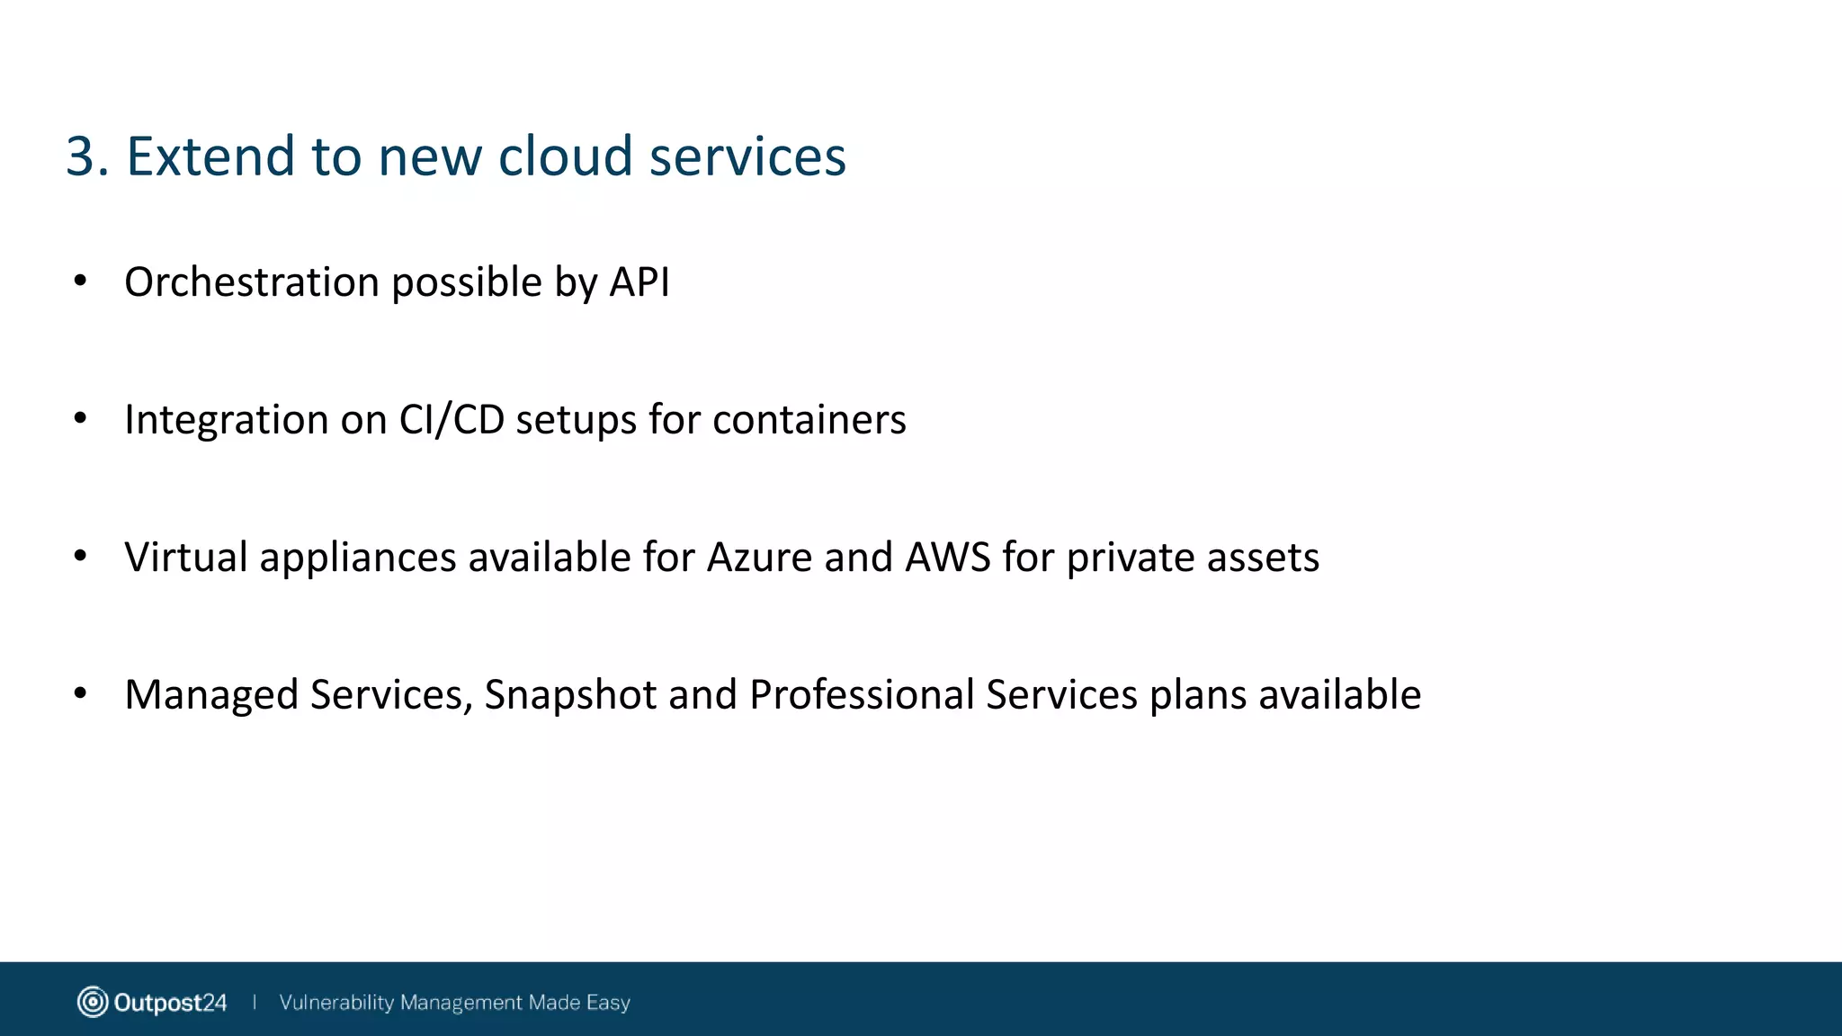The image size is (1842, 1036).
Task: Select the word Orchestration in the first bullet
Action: [252, 282]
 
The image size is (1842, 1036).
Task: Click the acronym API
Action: [639, 282]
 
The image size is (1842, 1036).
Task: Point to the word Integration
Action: [226, 420]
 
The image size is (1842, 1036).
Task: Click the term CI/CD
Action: [452, 420]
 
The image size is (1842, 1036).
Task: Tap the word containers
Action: [809, 420]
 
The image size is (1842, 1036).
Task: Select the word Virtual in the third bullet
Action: [185, 558]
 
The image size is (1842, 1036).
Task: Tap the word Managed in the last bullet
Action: [211, 695]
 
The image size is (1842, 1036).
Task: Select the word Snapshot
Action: [570, 695]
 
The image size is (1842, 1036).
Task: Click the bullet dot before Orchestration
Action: [80, 281]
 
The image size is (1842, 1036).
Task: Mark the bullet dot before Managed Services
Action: [80, 693]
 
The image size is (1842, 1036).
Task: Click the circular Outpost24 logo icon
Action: [92, 1002]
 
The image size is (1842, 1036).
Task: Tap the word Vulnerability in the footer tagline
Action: [336, 1002]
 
